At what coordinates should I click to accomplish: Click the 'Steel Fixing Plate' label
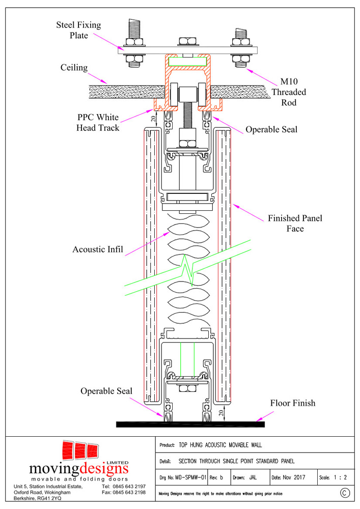point(78,30)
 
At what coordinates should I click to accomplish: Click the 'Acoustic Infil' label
point(98,249)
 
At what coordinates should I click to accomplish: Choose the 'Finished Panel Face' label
point(295,223)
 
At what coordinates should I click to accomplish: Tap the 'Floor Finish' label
point(292,403)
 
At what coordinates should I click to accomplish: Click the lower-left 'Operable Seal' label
point(106,391)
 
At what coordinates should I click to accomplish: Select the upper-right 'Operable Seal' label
point(271,129)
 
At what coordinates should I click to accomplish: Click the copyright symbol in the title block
point(345,493)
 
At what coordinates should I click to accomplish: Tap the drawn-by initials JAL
point(253,478)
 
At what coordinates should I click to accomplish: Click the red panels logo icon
point(79,451)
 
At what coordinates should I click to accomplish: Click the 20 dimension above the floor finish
point(220,413)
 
